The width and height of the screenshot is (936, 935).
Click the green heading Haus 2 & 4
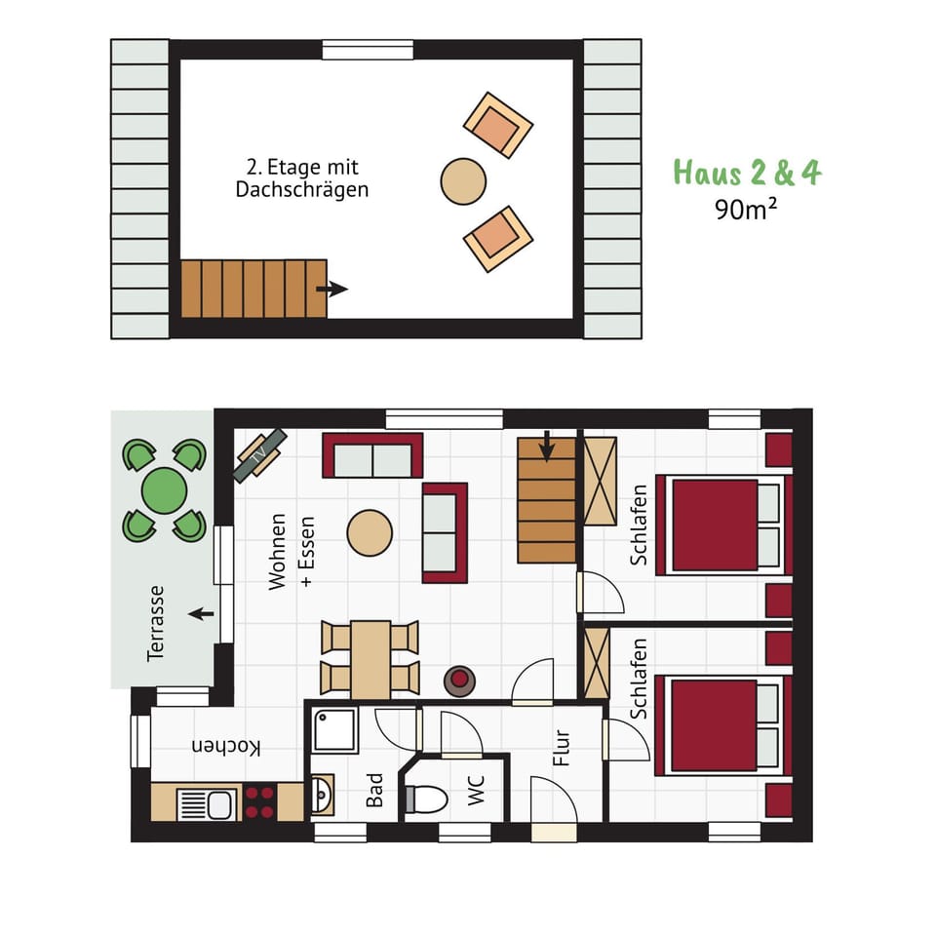[747, 173]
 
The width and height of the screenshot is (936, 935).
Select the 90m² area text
[746, 209]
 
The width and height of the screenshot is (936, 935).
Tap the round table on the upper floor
[463, 181]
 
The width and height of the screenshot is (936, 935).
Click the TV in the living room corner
[259, 455]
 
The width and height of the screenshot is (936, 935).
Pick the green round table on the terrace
[164, 490]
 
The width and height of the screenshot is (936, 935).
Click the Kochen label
[226, 747]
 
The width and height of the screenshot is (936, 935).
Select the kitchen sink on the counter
[206, 804]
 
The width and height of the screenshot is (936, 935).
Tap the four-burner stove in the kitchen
[259, 802]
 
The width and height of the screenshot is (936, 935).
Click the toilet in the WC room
[427, 799]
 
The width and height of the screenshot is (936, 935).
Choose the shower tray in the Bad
[334, 730]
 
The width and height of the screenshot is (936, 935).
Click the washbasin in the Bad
[322, 796]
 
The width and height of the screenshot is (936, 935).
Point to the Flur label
[562, 748]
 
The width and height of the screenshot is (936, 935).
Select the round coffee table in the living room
[370, 532]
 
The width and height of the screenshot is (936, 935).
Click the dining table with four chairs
[370, 659]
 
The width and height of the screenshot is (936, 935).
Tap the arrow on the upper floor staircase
[332, 289]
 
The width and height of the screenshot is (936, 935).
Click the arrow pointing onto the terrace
[202, 614]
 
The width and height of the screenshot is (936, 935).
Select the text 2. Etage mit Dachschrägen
[302, 178]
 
